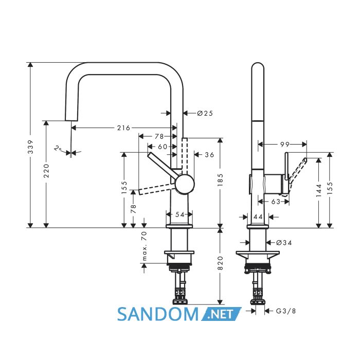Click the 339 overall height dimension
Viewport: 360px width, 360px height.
(x=30, y=147)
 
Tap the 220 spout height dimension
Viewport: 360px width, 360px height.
(x=46, y=171)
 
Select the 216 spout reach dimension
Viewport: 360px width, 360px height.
(x=123, y=128)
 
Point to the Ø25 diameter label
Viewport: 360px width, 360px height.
(x=205, y=113)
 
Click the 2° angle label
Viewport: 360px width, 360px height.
(x=58, y=148)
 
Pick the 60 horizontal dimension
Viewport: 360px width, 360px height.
(x=163, y=147)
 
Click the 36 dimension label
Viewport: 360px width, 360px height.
(x=209, y=155)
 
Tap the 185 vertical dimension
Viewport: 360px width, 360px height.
(x=220, y=180)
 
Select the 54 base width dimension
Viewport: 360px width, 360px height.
(x=180, y=214)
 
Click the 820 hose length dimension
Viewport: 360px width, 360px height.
(x=220, y=263)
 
